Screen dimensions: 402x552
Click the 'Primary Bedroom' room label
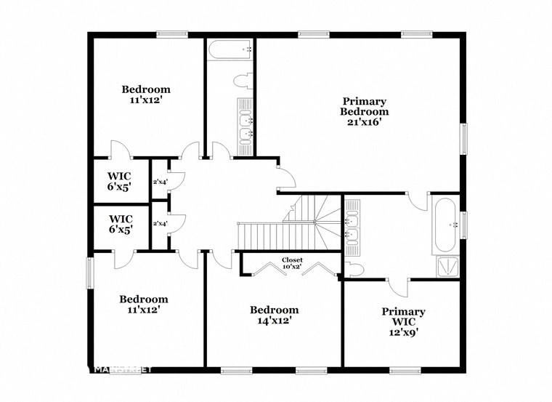pos(364,106)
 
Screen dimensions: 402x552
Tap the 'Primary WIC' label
pos(403,317)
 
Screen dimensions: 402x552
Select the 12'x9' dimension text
pos(403,333)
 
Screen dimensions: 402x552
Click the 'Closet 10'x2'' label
pos(292,263)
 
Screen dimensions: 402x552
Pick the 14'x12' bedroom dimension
pos(273,321)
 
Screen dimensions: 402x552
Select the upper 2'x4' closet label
pos(159,182)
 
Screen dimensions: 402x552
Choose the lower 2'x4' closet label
pos(159,223)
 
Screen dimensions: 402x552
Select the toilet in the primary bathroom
pos(354,270)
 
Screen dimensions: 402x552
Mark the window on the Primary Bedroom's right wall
pos(463,138)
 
